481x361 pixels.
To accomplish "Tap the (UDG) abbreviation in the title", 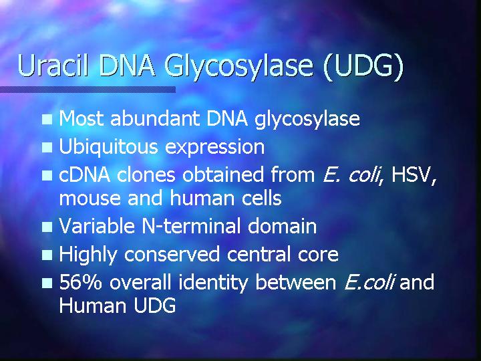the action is click(363, 67).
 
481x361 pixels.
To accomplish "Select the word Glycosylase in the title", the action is click(238, 68).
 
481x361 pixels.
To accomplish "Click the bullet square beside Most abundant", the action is click(47, 120).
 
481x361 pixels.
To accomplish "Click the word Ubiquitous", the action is click(108, 147).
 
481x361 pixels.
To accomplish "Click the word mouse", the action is click(90, 199).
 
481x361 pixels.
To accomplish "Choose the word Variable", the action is click(97, 226).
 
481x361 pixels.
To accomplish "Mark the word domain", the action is click(282, 226).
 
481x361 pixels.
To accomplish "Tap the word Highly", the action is click(88, 255).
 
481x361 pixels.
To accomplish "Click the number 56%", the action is click(80, 282).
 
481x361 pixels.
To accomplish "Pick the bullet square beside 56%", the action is click(47, 283).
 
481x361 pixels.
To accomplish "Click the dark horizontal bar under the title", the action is click(88, 90).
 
